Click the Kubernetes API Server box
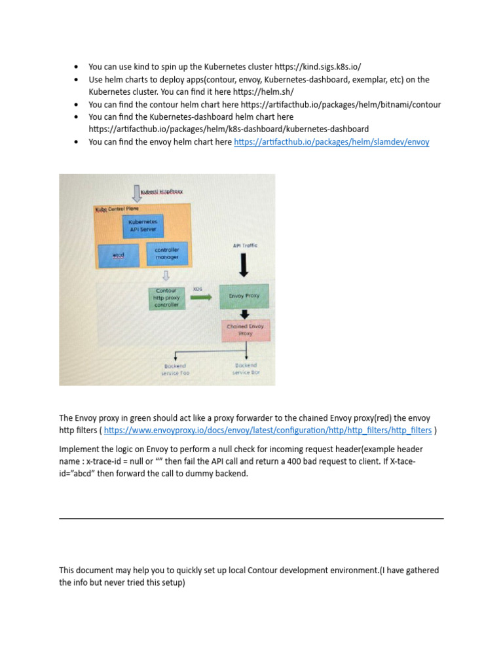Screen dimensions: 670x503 143,226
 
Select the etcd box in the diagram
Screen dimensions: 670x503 119,255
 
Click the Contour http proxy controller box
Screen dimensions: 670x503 166,298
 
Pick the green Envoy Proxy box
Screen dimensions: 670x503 244,296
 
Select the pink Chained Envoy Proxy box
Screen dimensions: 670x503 245,329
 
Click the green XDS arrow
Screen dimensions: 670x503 201,296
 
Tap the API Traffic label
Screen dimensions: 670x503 245,245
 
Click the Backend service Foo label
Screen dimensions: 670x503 175,370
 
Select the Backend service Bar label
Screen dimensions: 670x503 246,369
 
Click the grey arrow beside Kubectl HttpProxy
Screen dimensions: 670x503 136,192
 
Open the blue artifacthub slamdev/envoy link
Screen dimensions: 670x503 331,142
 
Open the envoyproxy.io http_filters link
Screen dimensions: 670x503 268,431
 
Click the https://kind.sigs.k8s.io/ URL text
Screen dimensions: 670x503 317,67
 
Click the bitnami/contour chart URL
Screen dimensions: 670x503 341,105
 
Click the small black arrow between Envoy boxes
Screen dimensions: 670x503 244,314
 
